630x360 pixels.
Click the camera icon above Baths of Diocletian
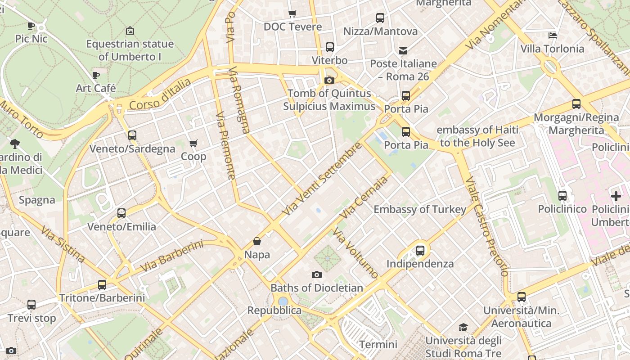pyautogui.click(x=317, y=274)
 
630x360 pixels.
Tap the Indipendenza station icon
pyautogui.click(x=420, y=250)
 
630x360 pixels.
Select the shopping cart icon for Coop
pyautogui.click(x=193, y=144)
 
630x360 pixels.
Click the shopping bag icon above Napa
pyautogui.click(x=257, y=242)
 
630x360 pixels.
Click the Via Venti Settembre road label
pyautogui.click(x=323, y=179)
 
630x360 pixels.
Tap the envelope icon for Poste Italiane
pyautogui.click(x=403, y=50)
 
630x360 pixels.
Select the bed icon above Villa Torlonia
pyautogui.click(x=553, y=35)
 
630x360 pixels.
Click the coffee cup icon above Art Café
pyautogui.click(x=95, y=75)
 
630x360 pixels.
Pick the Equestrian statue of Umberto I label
pyautogui.click(x=130, y=50)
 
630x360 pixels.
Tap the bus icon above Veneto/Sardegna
pyautogui.click(x=132, y=135)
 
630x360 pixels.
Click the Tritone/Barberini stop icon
pyautogui.click(x=102, y=285)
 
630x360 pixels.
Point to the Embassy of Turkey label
pyautogui.click(x=420, y=209)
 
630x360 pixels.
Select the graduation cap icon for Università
pyautogui.click(x=463, y=327)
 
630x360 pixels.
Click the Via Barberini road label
pyautogui.click(x=171, y=256)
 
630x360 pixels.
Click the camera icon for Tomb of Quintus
pyautogui.click(x=329, y=81)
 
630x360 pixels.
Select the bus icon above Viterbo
pyautogui.click(x=330, y=47)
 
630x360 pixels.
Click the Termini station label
pyautogui.click(x=378, y=345)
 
